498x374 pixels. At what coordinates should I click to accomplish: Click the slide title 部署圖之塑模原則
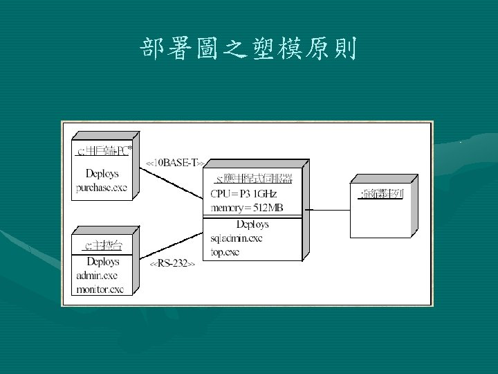248,48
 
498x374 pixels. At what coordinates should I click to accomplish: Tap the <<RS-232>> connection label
173,264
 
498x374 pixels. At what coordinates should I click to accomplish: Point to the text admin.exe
98,276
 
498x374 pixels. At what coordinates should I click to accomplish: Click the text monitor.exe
100,289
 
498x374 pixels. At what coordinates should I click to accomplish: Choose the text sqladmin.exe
236,239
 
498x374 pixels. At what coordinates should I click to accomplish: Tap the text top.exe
225,252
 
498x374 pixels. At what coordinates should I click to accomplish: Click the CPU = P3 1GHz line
243,195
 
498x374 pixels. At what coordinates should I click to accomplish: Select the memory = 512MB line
247,208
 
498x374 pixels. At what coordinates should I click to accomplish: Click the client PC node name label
102,150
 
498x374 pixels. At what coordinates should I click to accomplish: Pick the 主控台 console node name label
101,245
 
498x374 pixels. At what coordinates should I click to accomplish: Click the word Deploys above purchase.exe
102,173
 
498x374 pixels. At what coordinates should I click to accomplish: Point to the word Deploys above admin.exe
102,262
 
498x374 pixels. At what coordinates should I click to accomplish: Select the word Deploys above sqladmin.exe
252,225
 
